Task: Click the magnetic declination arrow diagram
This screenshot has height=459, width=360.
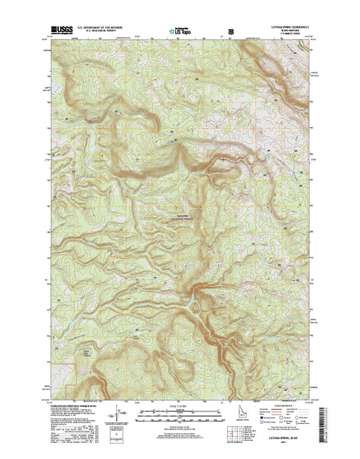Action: click(x=116, y=418)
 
